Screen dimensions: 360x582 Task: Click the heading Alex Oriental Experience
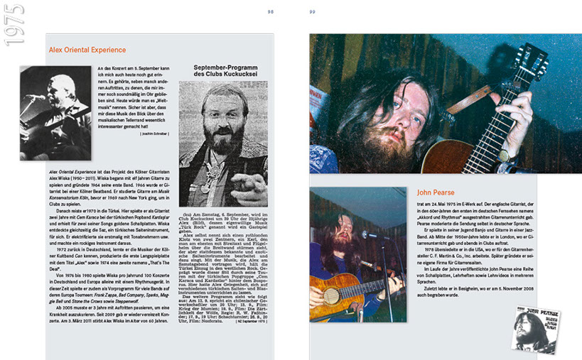pos(87,50)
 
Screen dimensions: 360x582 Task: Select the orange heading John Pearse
pos(436,192)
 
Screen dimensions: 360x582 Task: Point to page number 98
pos(270,12)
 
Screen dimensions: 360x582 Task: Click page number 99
pos(313,12)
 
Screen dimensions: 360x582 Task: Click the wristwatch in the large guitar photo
pos(502,154)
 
